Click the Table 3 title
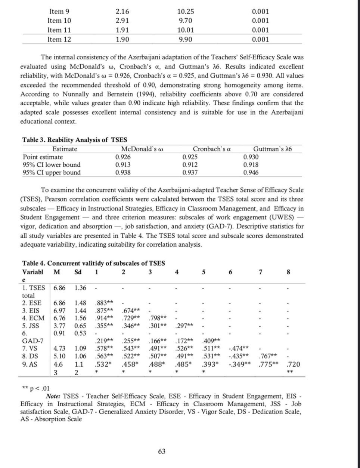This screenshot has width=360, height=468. coord(75,140)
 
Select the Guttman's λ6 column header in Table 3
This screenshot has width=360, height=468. coord(273,149)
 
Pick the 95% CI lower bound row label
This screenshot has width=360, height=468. coord(52,165)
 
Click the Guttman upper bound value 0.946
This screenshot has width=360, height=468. coord(251,173)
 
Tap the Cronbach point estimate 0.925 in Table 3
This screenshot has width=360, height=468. coord(190,157)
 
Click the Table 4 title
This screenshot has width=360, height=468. coord(93,263)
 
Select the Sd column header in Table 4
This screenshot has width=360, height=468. coord(78,272)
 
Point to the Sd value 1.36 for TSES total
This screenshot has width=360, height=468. coord(80,288)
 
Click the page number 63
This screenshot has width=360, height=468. coord(162,452)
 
